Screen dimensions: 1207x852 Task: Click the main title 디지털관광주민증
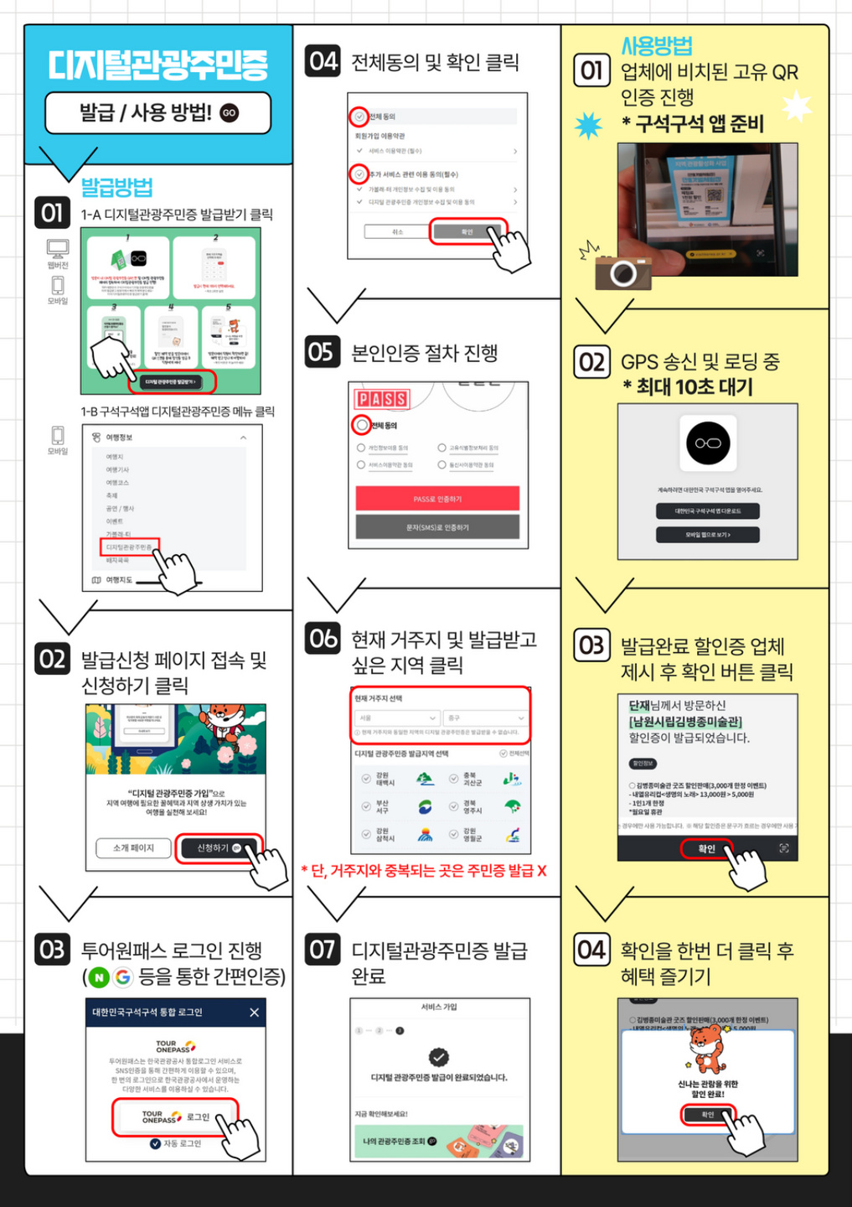click(x=157, y=65)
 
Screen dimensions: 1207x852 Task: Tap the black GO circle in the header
click(x=229, y=113)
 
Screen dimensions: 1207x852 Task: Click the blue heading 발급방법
click(x=116, y=186)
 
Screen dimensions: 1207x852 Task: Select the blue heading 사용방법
click(x=657, y=46)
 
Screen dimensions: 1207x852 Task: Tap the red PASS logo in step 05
click(x=382, y=399)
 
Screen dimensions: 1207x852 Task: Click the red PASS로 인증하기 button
click(x=437, y=499)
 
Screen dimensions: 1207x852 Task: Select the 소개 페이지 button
click(x=134, y=848)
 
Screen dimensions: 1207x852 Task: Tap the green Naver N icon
click(x=99, y=977)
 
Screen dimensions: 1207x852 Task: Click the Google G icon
click(x=123, y=977)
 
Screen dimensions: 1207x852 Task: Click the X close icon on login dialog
click(x=254, y=1013)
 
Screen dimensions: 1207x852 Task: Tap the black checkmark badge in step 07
click(x=438, y=1057)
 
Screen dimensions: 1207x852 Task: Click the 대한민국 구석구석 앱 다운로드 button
click(x=707, y=510)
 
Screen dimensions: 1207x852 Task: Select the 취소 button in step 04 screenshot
click(x=397, y=231)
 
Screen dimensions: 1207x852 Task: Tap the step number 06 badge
click(x=323, y=639)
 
